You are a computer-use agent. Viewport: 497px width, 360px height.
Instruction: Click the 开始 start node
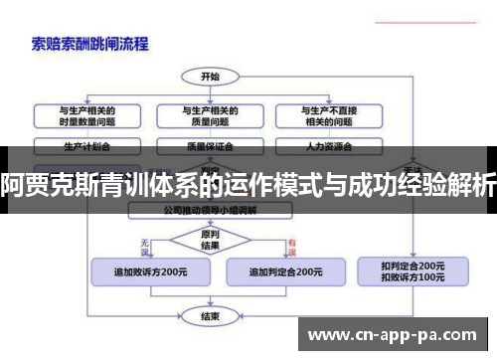pos(210,76)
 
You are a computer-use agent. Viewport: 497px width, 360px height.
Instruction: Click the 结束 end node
pos(210,317)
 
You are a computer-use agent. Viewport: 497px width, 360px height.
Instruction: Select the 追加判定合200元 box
pos(284,270)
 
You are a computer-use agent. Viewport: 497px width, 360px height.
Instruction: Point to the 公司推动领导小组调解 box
pos(210,211)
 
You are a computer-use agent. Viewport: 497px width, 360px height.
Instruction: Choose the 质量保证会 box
pos(209,145)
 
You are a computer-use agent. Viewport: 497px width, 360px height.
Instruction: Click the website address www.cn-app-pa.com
pos(394,336)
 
